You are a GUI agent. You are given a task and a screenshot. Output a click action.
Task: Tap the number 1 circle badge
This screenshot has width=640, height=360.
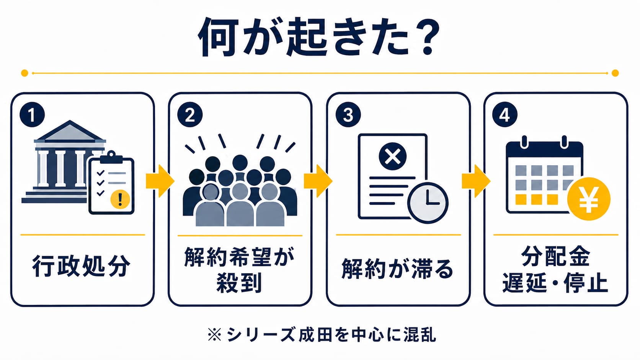[x=32, y=114]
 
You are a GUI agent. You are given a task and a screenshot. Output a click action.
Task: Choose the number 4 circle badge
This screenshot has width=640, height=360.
[x=505, y=114]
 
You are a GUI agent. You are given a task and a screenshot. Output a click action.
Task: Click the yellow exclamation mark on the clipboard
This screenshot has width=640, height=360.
[x=120, y=199]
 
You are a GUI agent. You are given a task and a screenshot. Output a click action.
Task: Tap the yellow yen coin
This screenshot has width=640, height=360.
[x=589, y=199]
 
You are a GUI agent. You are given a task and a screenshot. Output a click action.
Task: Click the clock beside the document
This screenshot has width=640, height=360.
[x=428, y=203]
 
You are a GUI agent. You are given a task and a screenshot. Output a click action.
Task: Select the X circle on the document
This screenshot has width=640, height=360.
[x=393, y=156]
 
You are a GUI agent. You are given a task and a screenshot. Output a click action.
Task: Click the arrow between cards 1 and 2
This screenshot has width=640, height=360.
[x=160, y=181]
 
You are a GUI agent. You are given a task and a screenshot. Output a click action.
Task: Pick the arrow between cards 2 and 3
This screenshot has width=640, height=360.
[x=318, y=181]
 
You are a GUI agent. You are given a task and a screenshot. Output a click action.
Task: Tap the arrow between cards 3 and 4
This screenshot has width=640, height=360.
[x=476, y=181]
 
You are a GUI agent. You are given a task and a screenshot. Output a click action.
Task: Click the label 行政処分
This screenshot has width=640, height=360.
[x=82, y=266]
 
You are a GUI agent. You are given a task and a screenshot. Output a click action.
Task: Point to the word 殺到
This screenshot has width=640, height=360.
[x=240, y=283]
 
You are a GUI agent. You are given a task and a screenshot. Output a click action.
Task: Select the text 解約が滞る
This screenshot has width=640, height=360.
[x=397, y=269]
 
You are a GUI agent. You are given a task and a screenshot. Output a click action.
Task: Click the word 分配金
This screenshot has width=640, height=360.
[x=556, y=256]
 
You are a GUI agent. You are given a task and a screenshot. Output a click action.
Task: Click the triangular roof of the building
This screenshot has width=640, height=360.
[x=70, y=132]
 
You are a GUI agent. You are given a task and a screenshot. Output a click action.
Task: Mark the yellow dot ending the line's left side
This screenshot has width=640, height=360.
[x=24, y=73]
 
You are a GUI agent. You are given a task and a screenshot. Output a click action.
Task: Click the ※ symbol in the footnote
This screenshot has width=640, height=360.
[x=215, y=335]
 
